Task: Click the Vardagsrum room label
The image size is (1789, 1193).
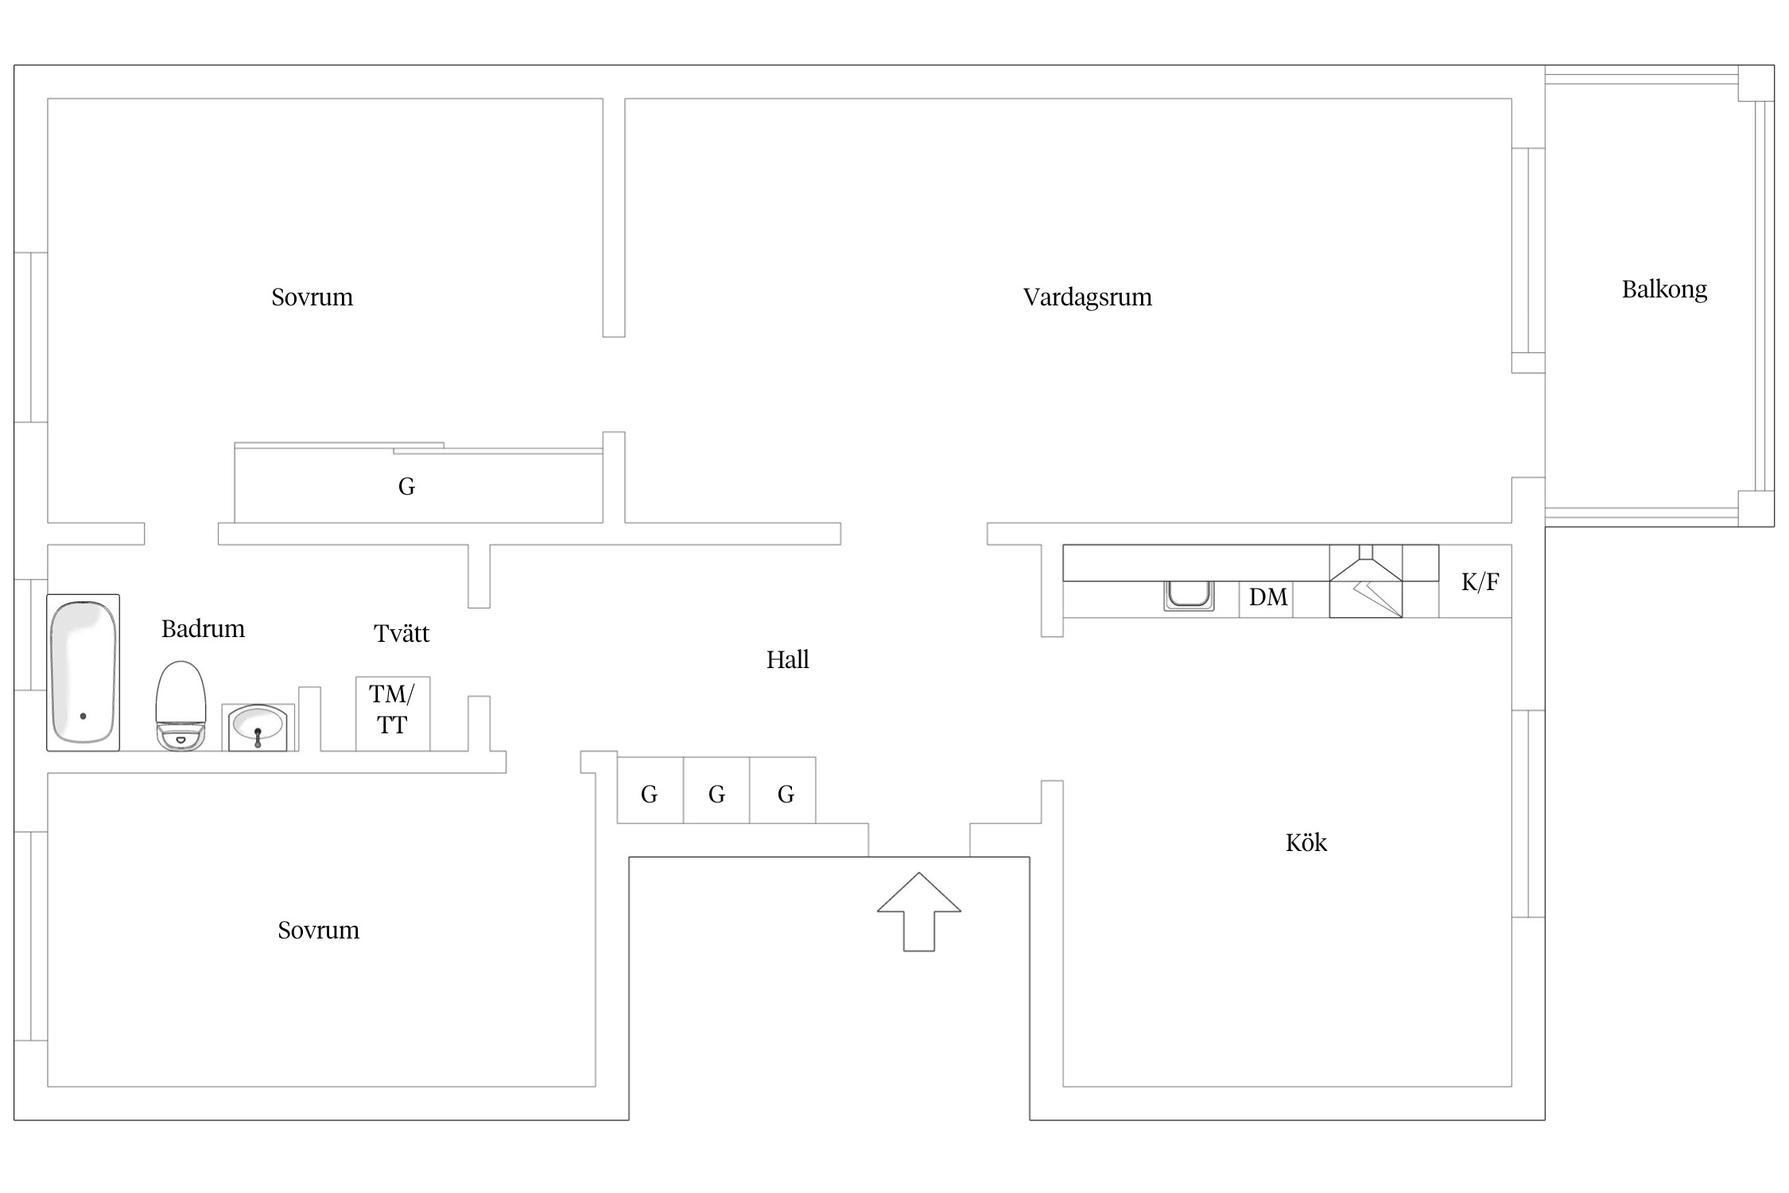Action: (x=1087, y=297)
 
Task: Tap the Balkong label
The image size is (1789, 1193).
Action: (x=1664, y=289)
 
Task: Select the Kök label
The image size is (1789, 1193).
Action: (x=1306, y=842)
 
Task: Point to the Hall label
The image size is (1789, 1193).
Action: (x=787, y=659)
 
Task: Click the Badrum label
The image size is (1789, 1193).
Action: (x=203, y=628)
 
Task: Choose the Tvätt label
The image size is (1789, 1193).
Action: (x=402, y=633)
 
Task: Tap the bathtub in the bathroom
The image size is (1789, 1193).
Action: (x=83, y=672)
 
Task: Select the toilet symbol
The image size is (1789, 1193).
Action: (x=180, y=705)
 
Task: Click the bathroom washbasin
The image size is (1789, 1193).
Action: (x=258, y=727)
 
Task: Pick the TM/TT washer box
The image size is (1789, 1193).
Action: (x=392, y=713)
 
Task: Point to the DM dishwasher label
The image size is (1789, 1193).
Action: (x=1267, y=597)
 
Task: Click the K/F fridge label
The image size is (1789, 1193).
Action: (x=1480, y=582)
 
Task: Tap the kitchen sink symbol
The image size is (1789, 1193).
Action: (x=1189, y=595)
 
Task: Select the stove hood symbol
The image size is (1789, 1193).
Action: (x=1366, y=581)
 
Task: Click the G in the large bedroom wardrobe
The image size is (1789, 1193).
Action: (x=406, y=486)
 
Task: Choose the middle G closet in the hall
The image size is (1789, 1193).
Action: (x=716, y=794)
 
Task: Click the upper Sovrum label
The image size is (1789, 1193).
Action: (x=312, y=297)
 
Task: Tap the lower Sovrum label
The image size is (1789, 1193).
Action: (x=318, y=930)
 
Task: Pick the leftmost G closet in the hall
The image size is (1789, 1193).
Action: (x=650, y=794)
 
